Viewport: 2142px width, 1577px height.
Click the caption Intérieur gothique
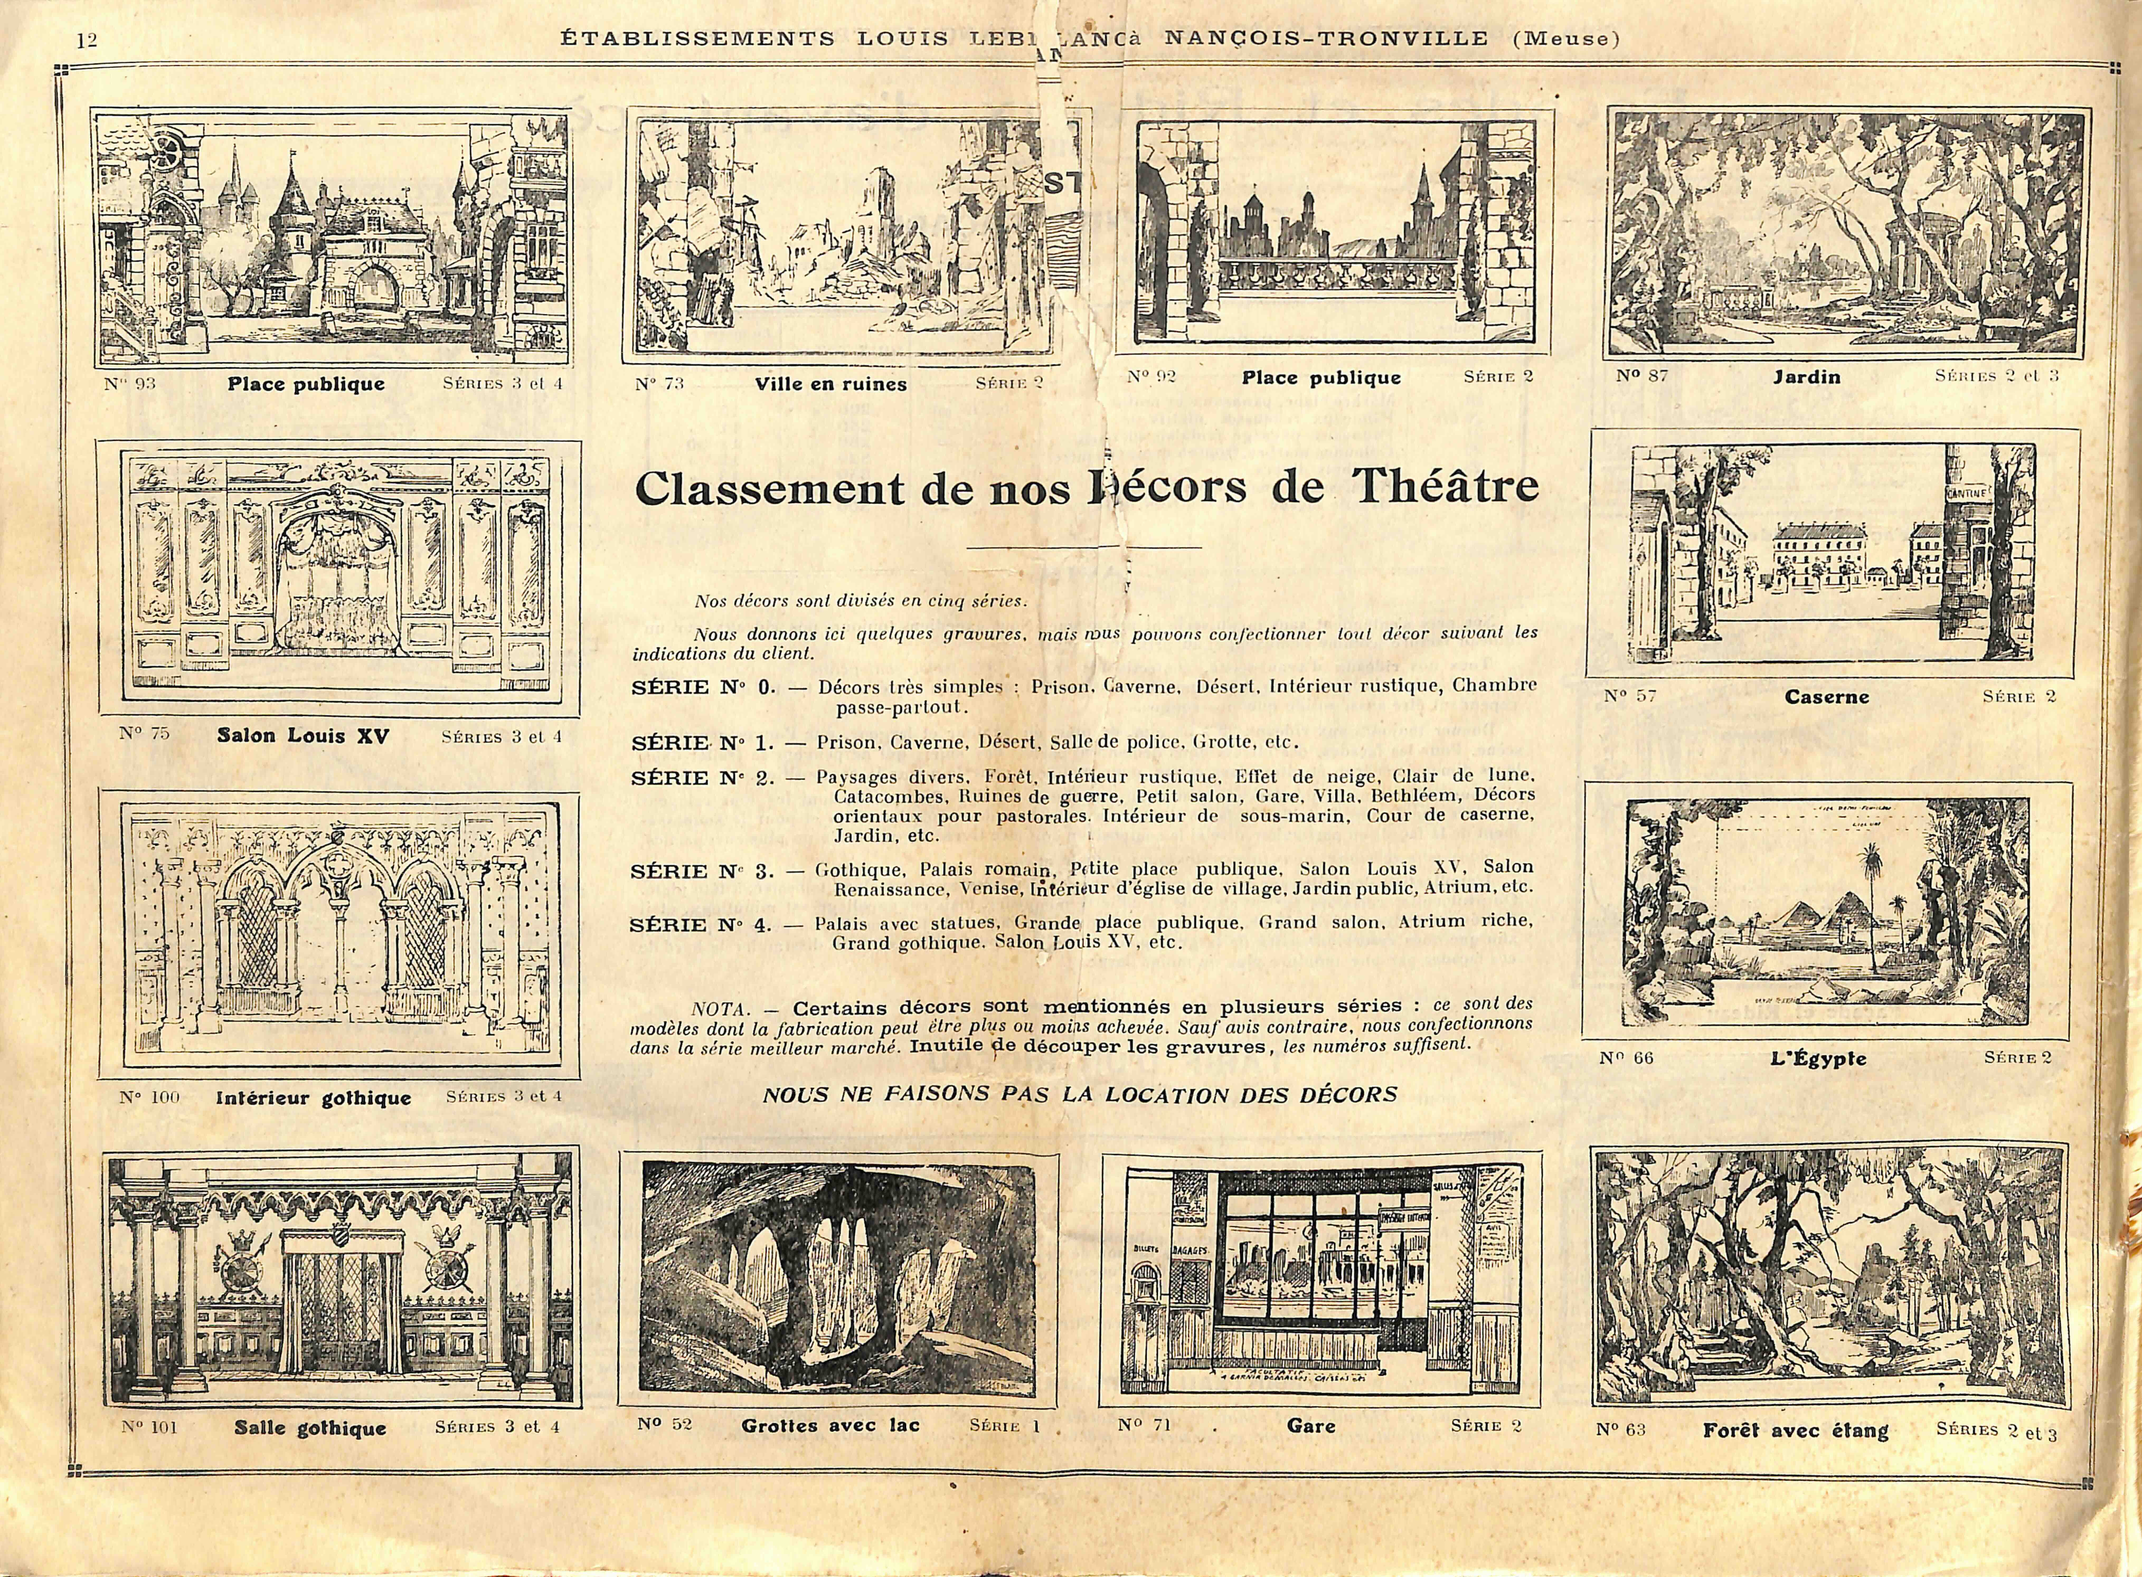click(313, 1098)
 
